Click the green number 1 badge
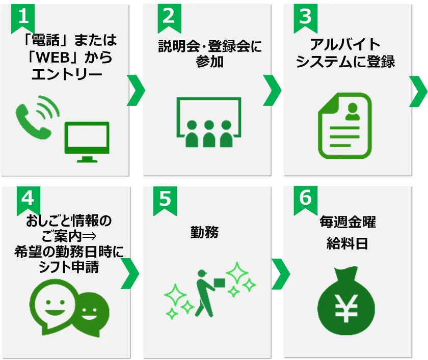23,18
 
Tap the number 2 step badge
169,18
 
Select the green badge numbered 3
305,18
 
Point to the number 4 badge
29,201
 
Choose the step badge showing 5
165,201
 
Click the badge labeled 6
305,201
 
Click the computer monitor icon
87,142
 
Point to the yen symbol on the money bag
346,309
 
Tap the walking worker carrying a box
207,293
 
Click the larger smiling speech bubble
52,307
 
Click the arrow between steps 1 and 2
136,90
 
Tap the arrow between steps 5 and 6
281,274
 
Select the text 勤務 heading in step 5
204,233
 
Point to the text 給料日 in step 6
347,243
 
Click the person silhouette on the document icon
353,112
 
